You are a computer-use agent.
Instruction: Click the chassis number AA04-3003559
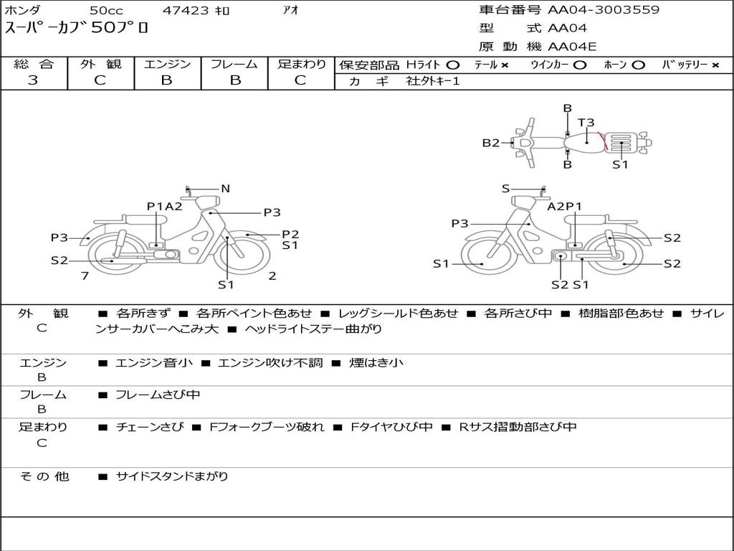(x=604, y=10)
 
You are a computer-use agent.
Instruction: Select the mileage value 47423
(x=185, y=10)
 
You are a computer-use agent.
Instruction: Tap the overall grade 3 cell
(x=33, y=80)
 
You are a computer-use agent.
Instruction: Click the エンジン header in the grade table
(x=167, y=64)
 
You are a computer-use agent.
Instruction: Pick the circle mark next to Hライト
(x=453, y=65)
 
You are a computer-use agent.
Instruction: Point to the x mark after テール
(x=505, y=65)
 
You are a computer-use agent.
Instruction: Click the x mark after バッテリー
(x=715, y=65)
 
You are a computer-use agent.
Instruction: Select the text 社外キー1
(x=433, y=81)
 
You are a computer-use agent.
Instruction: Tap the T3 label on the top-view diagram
(x=586, y=123)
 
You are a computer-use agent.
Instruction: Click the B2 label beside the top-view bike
(x=491, y=143)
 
